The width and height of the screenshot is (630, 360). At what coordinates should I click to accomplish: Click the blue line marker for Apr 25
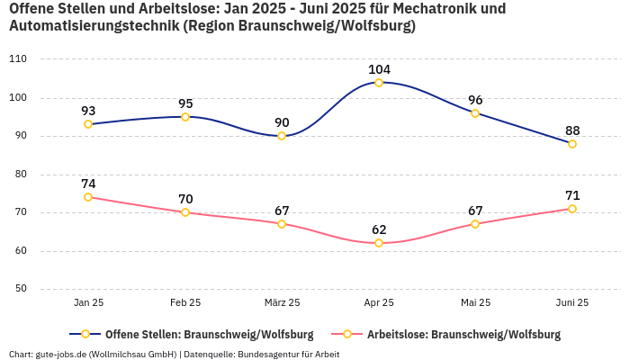pos(379,83)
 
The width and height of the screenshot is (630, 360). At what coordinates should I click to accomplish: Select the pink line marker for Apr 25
pos(379,243)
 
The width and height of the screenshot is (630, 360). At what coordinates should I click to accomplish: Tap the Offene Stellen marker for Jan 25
pos(88,124)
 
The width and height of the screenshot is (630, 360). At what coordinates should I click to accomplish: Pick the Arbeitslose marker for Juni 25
pos(572,209)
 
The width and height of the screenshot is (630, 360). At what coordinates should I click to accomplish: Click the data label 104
pos(379,69)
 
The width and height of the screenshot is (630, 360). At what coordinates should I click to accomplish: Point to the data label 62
pos(379,229)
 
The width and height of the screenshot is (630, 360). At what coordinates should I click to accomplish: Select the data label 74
pos(88,184)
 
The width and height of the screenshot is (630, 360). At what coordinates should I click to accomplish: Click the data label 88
pos(572,130)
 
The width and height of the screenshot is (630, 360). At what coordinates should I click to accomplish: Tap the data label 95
pos(185,103)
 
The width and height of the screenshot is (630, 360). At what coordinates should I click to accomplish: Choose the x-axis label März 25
pos(282,302)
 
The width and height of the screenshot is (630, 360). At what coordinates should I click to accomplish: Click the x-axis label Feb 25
pos(185,302)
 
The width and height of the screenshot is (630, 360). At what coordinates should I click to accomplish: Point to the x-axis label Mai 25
pos(475,302)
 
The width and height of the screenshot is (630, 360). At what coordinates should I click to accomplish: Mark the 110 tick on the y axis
pos(18,58)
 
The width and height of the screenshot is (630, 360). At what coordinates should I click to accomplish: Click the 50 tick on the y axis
pos(21,289)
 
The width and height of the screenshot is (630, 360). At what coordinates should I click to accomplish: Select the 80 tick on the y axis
pos(21,174)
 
